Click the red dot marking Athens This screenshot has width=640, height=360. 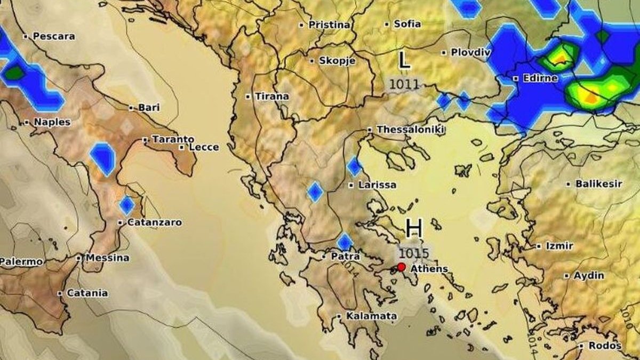[401, 267]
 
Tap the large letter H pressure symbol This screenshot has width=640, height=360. [414, 228]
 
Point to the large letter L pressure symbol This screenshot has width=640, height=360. [405, 60]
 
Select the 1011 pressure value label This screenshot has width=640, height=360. [404, 84]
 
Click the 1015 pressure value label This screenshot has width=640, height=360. [414, 252]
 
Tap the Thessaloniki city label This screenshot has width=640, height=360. [410, 130]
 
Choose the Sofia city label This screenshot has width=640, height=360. [407, 24]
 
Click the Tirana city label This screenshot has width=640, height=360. [271, 97]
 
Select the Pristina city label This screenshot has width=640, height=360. [329, 25]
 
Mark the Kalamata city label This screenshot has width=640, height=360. [371, 316]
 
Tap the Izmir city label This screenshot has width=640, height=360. [559, 246]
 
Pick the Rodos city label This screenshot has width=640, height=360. [605, 346]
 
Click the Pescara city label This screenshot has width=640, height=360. [53, 36]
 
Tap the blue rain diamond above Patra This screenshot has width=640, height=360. [345, 242]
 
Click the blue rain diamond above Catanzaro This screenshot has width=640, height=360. [126, 205]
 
